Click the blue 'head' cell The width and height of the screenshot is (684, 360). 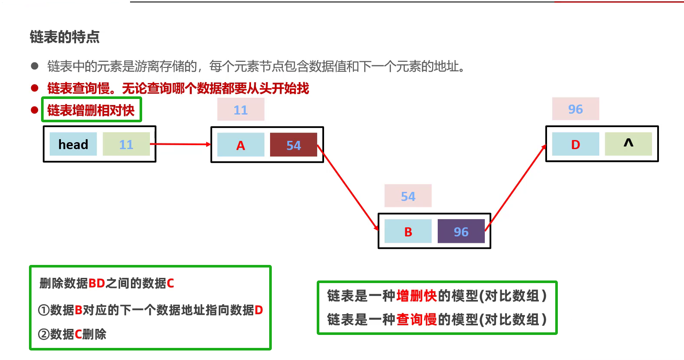(x=73, y=144)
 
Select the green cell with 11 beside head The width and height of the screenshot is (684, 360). (x=126, y=144)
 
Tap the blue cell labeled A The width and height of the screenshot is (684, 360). (x=241, y=145)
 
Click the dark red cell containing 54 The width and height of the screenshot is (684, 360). (x=293, y=145)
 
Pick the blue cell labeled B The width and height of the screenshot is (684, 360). (x=408, y=232)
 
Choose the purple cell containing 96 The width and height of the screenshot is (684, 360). (x=461, y=232)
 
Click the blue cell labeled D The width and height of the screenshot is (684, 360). (x=576, y=144)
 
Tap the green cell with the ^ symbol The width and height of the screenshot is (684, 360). (x=628, y=144)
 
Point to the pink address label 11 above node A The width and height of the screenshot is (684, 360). (x=241, y=110)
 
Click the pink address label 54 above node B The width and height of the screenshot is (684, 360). (x=408, y=196)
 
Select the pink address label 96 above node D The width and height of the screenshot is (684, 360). (x=576, y=109)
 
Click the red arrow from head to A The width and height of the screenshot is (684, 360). (x=181, y=144)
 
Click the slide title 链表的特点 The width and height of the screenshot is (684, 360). (x=65, y=37)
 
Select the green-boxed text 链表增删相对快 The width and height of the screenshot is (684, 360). (x=91, y=110)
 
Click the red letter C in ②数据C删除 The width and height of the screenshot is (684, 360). (x=78, y=334)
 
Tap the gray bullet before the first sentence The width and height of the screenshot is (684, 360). (x=35, y=66)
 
